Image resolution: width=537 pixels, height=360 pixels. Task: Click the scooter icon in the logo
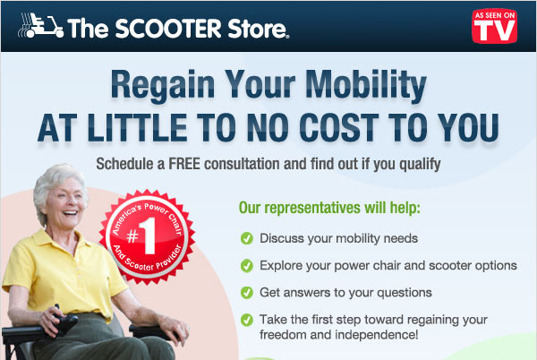point(40,25)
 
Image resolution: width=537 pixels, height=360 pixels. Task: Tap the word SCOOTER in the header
point(168,29)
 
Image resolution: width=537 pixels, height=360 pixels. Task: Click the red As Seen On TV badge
point(494,26)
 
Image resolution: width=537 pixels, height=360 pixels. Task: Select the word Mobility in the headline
point(366,86)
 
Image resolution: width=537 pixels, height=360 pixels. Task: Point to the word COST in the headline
point(338,127)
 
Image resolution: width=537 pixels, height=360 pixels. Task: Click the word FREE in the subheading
point(184,164)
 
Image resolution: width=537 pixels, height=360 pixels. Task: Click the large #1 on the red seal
point(141,236)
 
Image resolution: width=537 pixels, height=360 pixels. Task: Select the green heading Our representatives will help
point(329,208)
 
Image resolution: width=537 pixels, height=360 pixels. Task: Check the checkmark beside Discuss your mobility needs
point(247,238)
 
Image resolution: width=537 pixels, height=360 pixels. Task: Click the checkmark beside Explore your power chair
point(247,265)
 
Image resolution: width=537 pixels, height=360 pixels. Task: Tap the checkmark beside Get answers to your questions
point(247,293)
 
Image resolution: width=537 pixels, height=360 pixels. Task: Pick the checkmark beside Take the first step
point(247,320)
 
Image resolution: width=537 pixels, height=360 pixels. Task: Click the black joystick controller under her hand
point(64,322)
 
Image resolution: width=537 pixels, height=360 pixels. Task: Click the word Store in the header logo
point(257,29)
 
